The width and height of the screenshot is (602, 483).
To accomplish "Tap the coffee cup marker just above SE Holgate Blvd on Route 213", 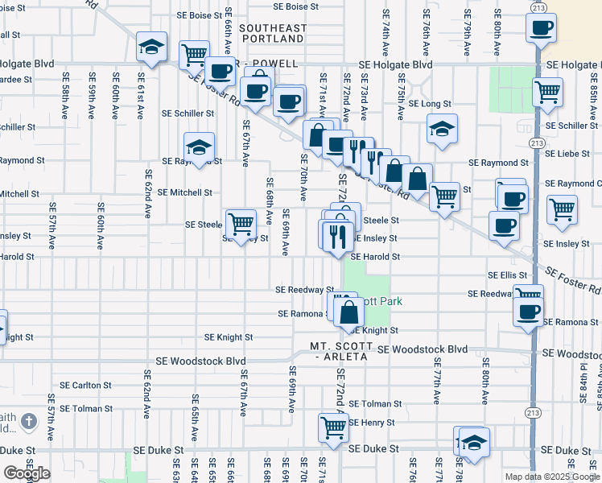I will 542,28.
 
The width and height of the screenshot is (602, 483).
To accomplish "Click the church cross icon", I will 27,421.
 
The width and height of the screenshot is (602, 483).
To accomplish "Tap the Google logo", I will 26,473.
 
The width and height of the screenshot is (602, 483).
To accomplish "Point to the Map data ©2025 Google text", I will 552,477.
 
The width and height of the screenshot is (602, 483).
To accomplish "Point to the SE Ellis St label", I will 507,275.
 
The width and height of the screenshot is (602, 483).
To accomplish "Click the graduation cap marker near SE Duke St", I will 475,442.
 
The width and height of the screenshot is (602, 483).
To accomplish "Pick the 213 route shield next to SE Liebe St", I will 536,142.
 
